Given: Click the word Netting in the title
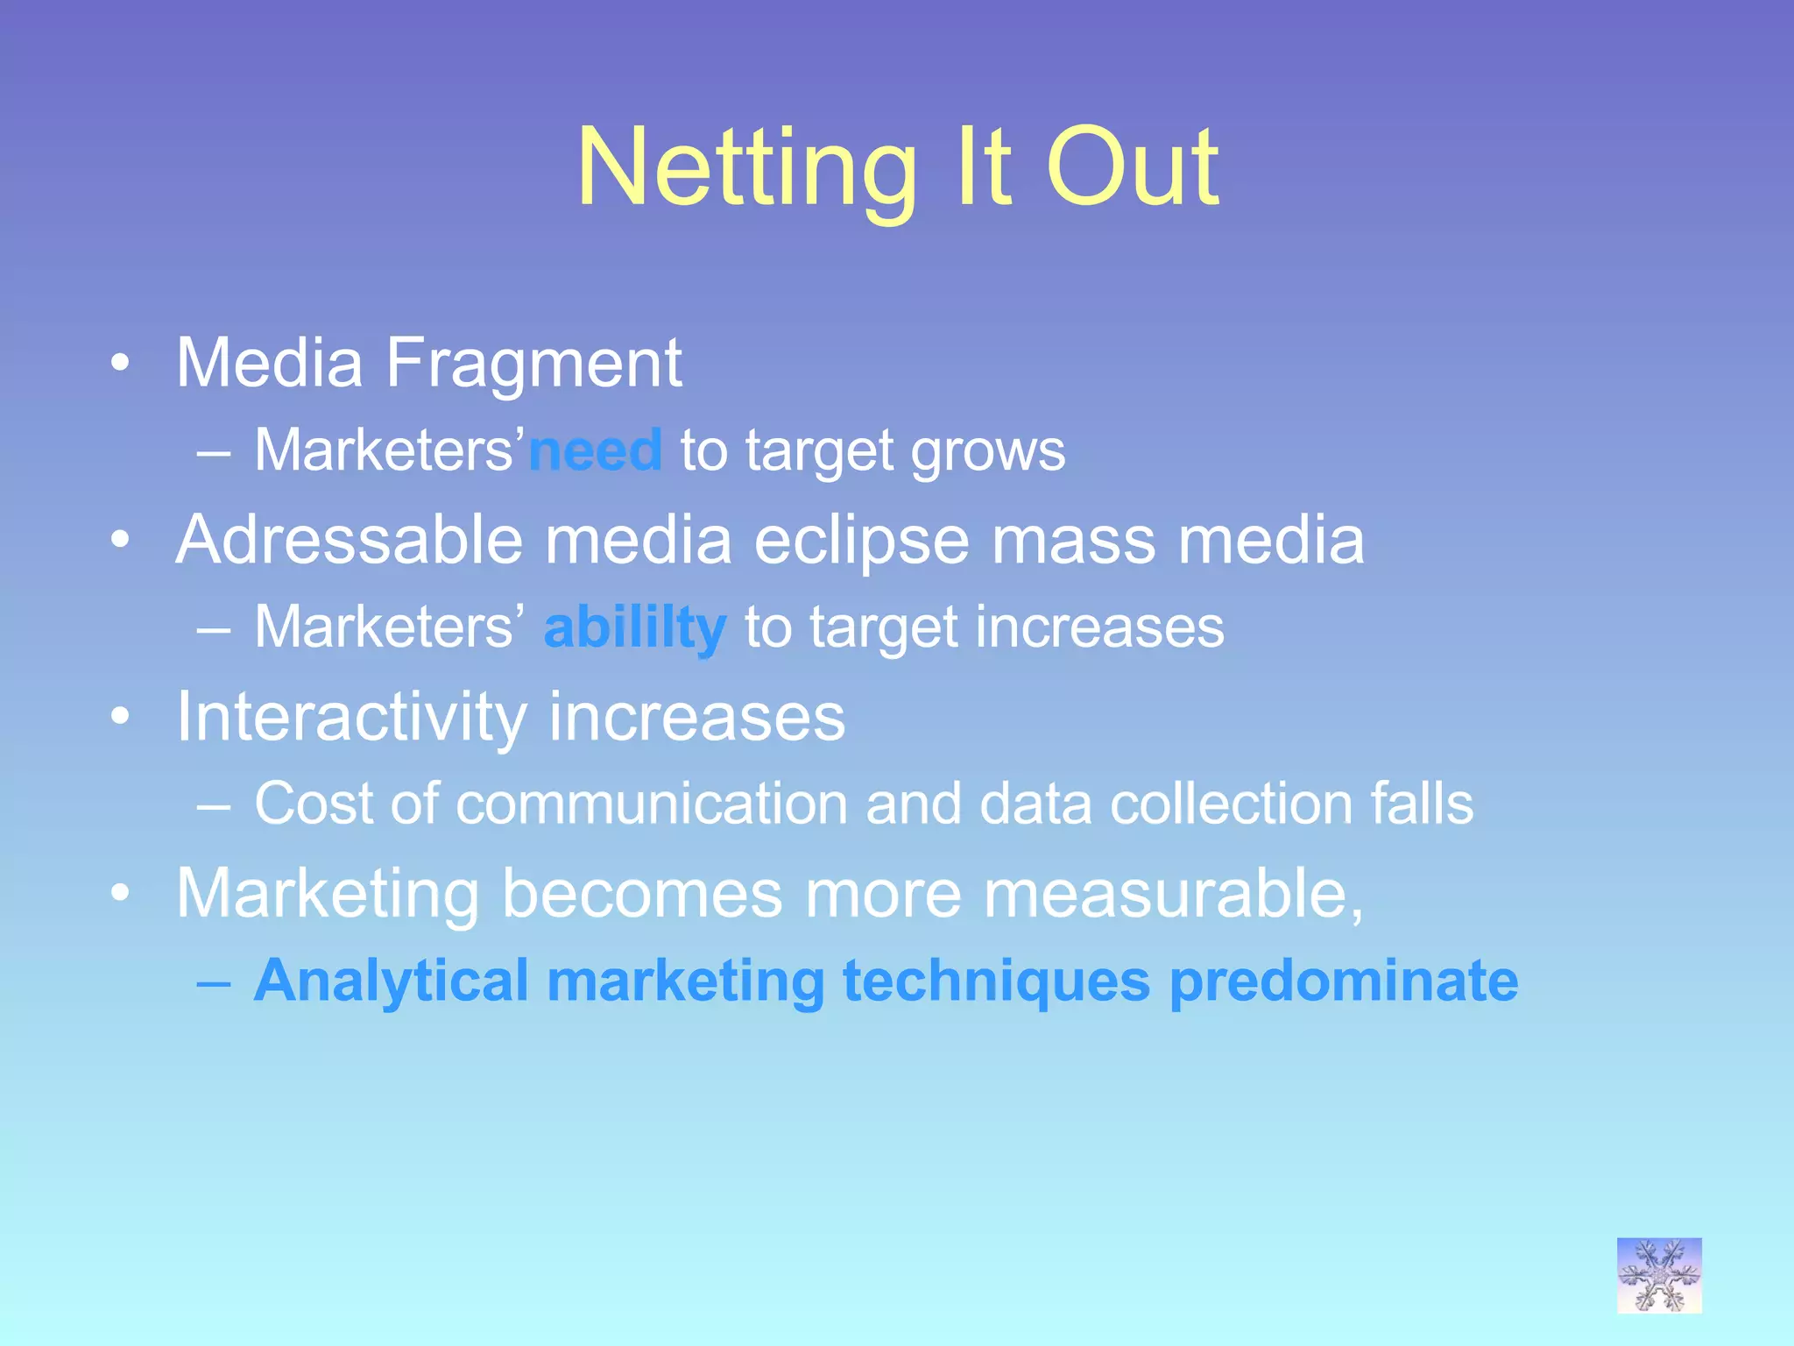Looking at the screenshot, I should click(x=747, y=168).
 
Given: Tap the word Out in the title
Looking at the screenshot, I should click(x=1132, y=168).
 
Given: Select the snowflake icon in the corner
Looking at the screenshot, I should click(x=1659, y=1275).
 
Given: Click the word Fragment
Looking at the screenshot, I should click(x=533, y=363).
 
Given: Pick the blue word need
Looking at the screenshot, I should click(x=596, y=450).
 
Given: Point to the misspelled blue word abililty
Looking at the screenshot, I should click(x=635, y=628).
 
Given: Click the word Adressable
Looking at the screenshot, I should click(x=350, y=540).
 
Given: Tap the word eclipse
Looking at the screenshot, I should click(x=861, y=542).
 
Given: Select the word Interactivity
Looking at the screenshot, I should click(x=351, y=718).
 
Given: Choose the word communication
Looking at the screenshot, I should click(x=652, y=804).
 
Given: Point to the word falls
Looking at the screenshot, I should click(x=1422, y=804).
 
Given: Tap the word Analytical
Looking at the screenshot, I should click(x=391, y=981).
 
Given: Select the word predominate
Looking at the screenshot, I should click(x=1344, y=981).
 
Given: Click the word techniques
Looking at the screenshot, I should click(x=996, y=981).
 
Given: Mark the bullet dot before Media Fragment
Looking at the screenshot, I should click(x=121, y=363).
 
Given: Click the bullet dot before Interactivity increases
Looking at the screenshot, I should click(x=121, y=717).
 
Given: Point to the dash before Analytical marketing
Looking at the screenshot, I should click(x=214, y=983).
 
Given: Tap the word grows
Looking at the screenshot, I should click(x=988, y=452).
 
